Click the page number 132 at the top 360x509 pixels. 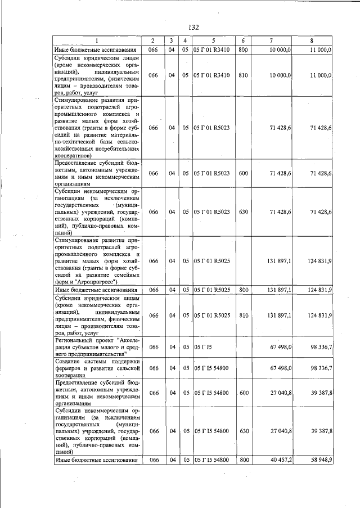194,27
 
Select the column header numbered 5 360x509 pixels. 213,41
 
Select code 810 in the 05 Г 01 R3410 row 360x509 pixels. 243,75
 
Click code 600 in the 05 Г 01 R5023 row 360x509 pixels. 243,173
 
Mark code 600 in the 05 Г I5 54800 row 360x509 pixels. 243,393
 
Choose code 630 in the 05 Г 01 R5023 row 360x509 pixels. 243,212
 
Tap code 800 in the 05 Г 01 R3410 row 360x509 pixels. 243,50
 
